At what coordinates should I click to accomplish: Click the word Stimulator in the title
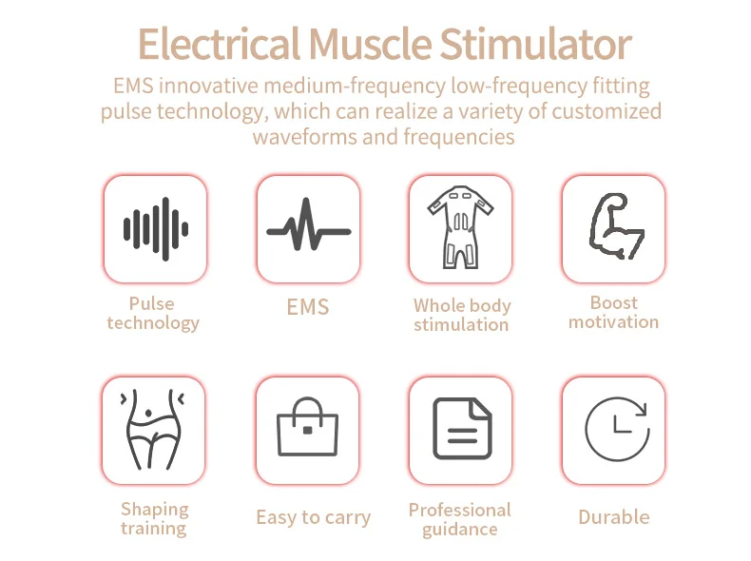point(535,45)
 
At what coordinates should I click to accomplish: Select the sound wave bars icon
point(155,229)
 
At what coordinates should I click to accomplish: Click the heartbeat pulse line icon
point(308,229)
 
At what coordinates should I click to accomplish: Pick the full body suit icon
point(461,229)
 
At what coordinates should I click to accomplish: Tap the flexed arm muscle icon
point(613,229)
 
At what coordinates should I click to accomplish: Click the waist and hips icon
point(153,429)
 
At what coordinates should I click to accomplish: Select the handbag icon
point(307,429)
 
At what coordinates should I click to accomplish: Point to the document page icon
point(461,429)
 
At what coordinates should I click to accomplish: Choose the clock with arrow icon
point(614,429)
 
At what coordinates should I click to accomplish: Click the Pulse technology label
point(153,313)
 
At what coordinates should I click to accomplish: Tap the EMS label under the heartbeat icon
point(308,307)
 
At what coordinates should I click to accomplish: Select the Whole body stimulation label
point(461,315)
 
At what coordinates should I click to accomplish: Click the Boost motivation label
point(613,312)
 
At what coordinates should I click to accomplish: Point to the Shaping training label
point(154,518)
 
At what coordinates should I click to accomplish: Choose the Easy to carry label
point(313,517)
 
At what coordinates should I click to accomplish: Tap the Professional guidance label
point(460,519)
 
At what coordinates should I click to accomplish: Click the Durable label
point(614,517)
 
